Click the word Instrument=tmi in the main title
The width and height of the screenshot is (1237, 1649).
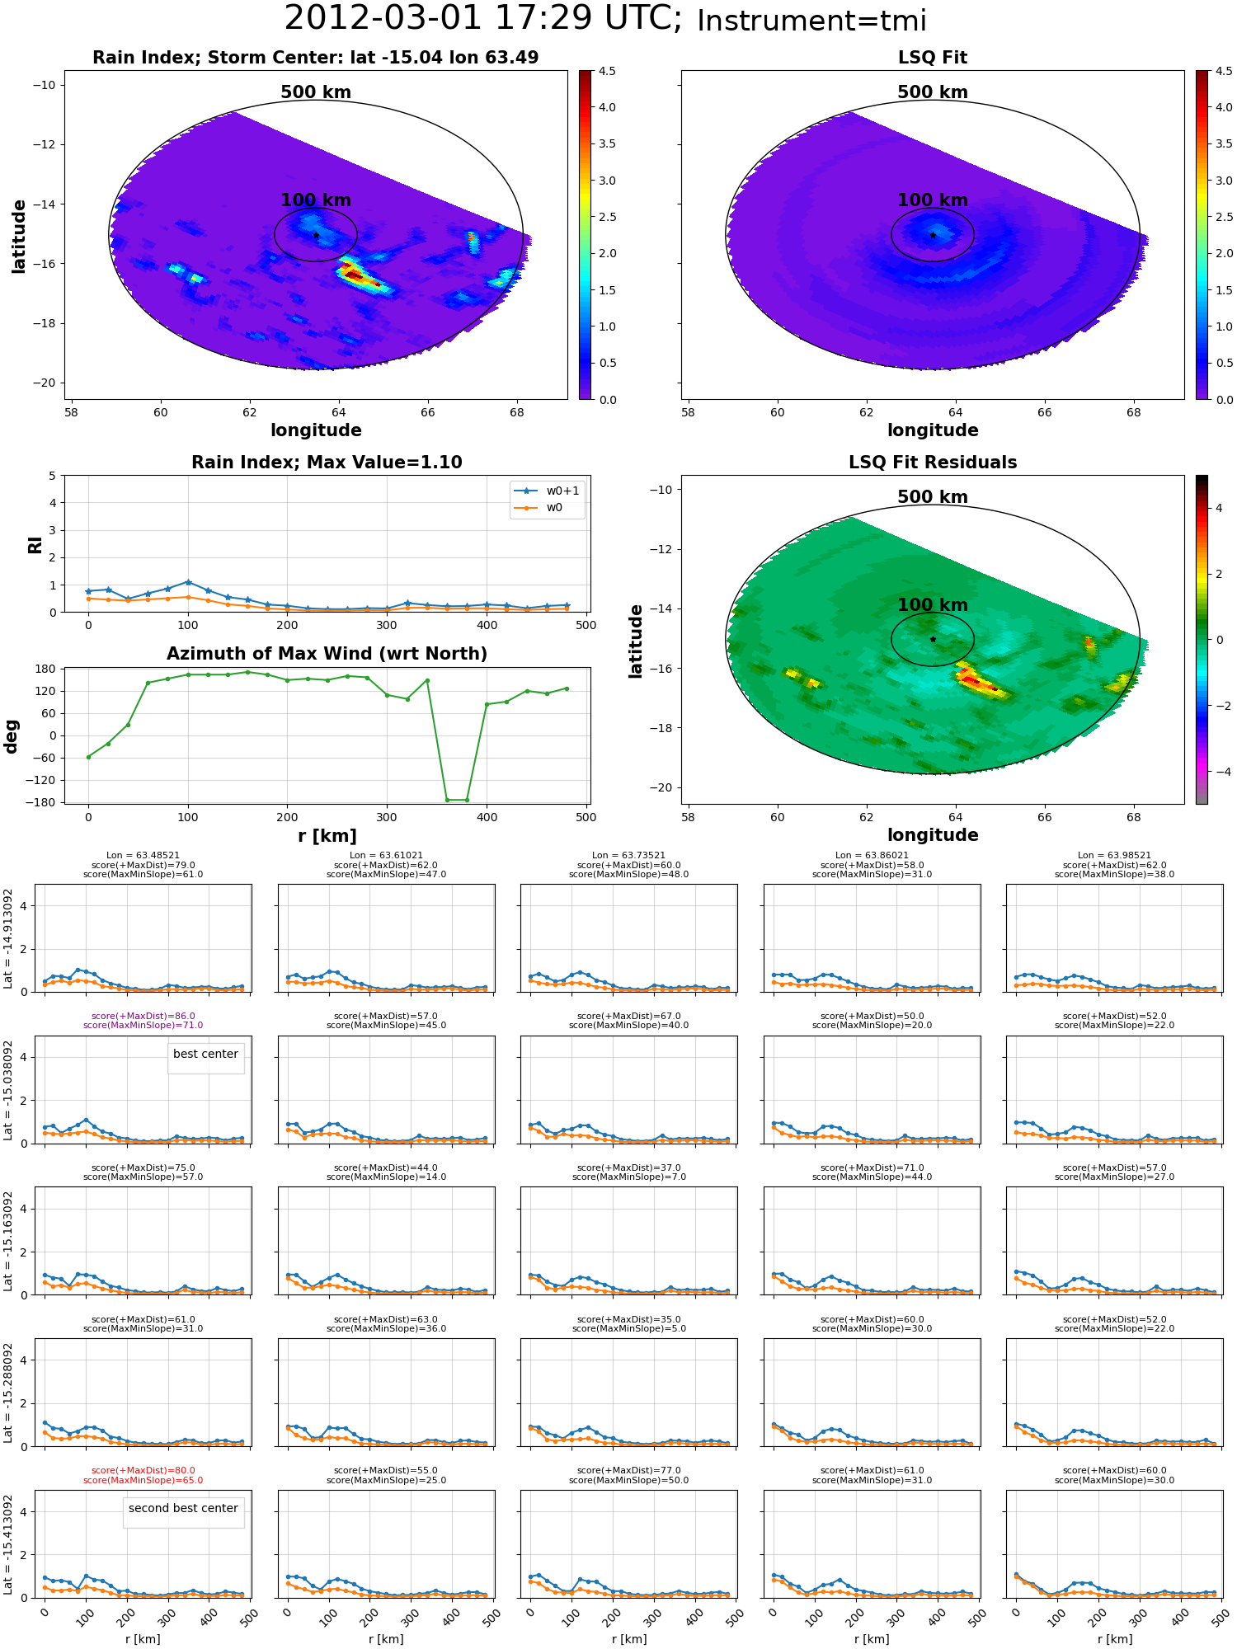coord(811,21)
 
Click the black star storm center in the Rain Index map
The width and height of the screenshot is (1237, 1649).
coord(316,235)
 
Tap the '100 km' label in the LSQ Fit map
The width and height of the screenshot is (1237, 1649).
coord(933,200)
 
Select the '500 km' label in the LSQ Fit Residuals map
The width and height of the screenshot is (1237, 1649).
coord(933,497)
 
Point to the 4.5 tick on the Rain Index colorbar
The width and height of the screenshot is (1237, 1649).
coord(607,72)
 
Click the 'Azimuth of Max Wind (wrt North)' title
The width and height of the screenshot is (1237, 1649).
coord(327,654)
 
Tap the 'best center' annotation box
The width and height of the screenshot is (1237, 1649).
coord(205,1055)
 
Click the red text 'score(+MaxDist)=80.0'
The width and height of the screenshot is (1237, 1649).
coord(143,1471)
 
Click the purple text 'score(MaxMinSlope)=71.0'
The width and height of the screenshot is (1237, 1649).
coord(143,1026)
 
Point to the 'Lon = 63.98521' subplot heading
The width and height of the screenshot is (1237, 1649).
coord(1114,856)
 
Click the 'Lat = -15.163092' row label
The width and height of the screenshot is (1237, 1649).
coord(8,1241)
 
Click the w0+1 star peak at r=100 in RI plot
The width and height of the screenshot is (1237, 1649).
coord(188,582)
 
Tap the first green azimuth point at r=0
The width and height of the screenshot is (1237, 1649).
coord(88,757)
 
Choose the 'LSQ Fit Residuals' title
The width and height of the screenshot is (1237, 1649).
coord(933,463)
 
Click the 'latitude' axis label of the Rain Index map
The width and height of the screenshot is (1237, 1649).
coord(19,236)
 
